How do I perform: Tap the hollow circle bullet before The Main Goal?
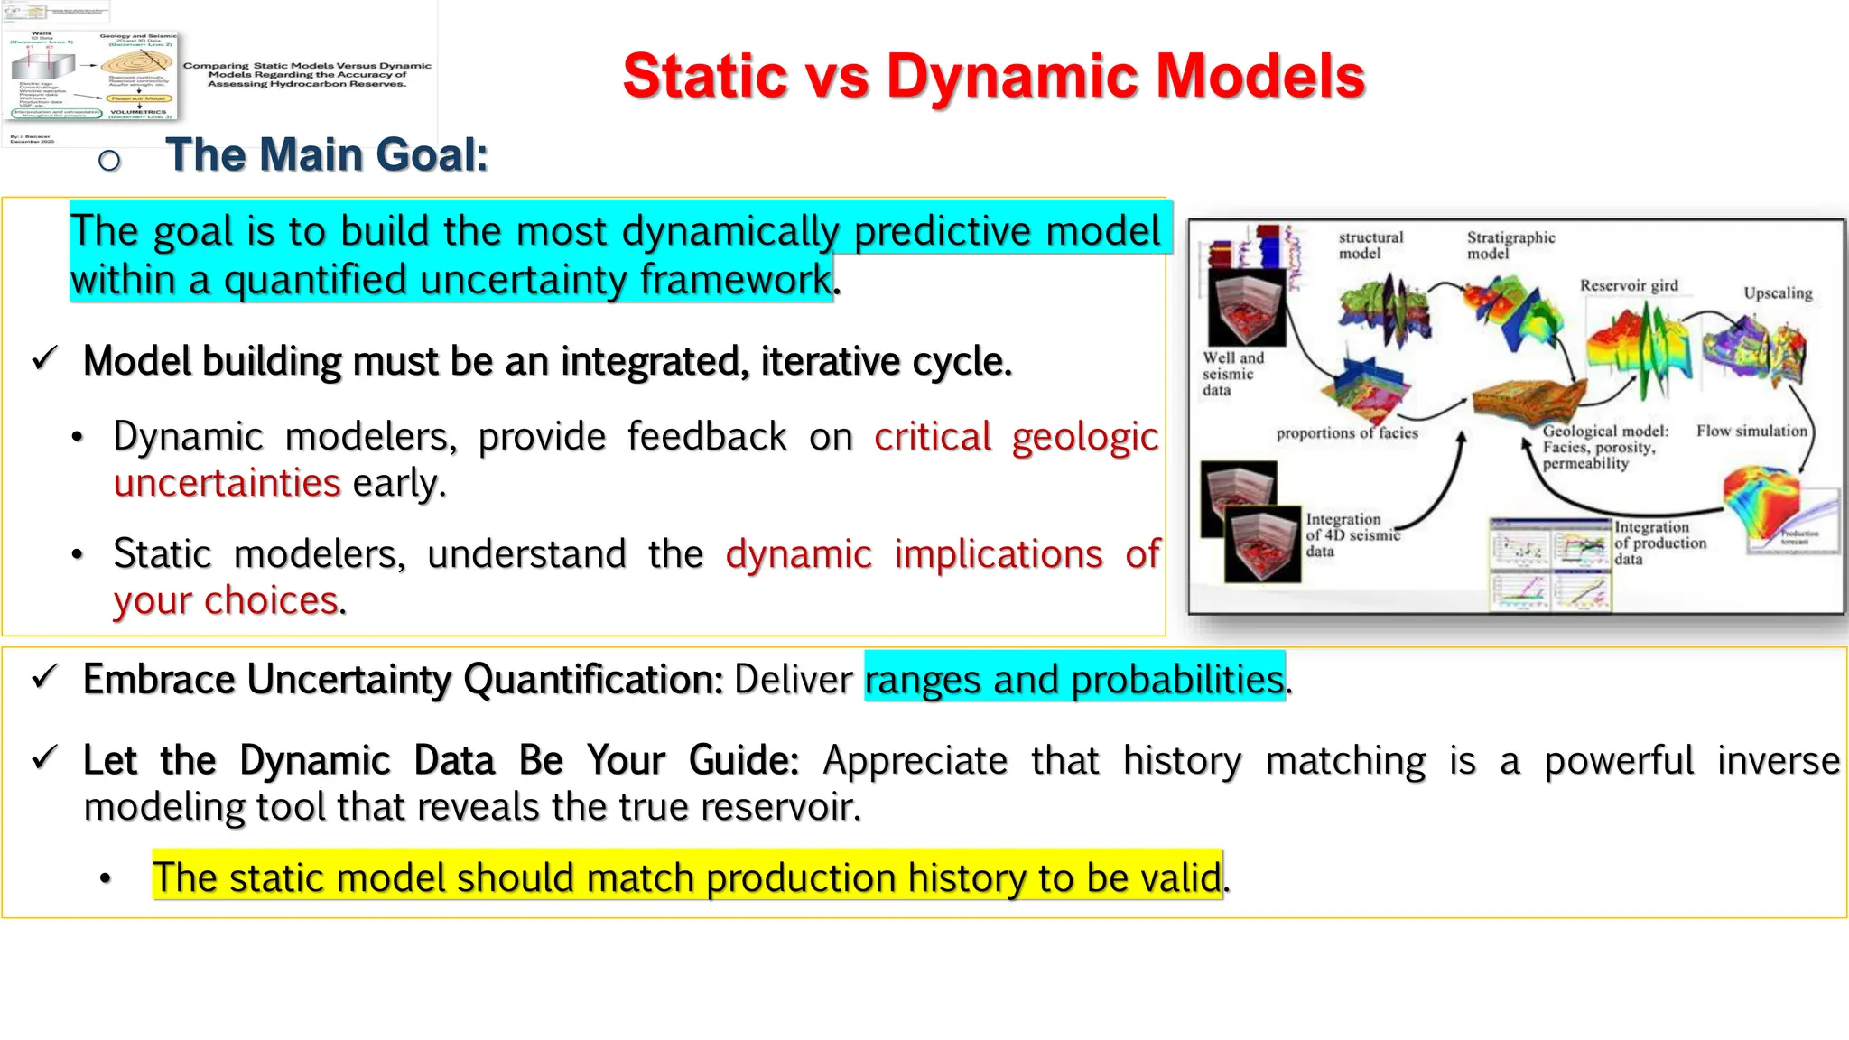tap(109, 161)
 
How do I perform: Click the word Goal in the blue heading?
tap(430, 154)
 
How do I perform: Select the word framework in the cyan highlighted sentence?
tap(736, 280)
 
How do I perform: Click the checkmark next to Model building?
tap(44, 359)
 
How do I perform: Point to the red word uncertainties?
tap(227, 483)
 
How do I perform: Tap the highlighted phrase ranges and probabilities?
tap(1073, 679)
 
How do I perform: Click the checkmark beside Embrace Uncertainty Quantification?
tap(44, 677)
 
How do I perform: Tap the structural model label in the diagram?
tap(1370, 246)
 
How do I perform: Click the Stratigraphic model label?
tap(1510, 246)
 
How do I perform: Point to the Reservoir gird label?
tap(1628, 285)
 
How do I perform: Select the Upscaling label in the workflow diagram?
tap(1777, 293)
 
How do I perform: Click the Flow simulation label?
tap(1751, 432)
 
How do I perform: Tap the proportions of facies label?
tap(1346, 433)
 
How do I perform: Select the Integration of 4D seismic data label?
tap(1351, 534)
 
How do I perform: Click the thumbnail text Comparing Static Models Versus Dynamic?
tap(307, 66)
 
